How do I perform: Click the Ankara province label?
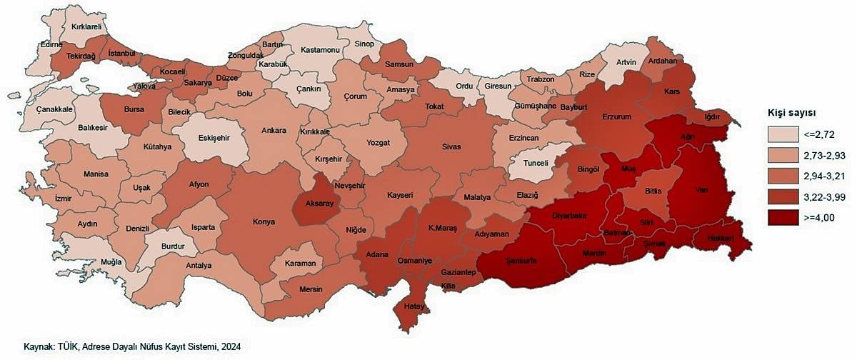274,131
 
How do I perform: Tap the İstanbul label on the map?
121,54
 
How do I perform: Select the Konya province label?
264,221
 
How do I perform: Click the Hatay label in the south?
414,306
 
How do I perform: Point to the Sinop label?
364,44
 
